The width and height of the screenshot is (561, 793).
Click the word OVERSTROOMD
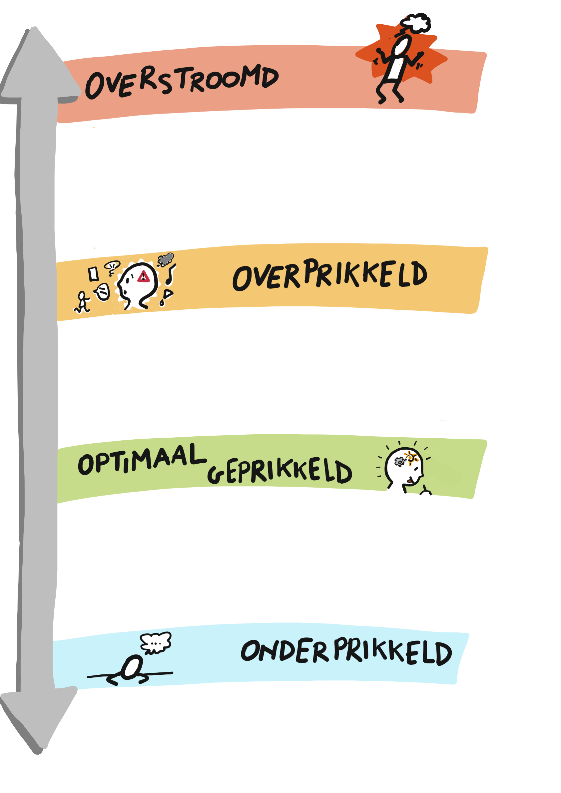(182, 82)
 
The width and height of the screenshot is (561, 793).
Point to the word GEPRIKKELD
(280, 471)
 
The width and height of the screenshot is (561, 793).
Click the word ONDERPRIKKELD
(346, 652)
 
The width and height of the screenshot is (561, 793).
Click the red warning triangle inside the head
(143, 277)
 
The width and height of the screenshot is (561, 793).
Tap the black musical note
(170, 275)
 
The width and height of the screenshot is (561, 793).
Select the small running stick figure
(82, 302)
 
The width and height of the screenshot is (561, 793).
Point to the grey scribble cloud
(166, 259)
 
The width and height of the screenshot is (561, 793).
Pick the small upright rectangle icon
(93, 274)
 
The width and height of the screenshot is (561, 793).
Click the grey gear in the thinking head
(399, 462)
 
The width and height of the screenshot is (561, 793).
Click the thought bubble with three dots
(156, 643)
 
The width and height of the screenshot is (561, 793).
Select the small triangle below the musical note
(168, 294)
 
